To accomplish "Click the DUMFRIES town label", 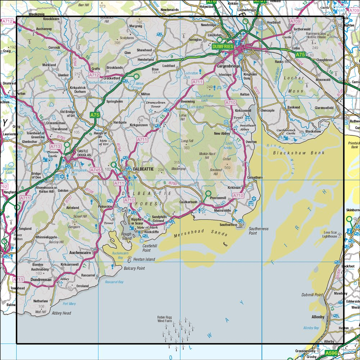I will tap(223, 46).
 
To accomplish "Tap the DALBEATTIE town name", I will tap(143, 168).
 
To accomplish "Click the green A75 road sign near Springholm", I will tap(94, 115).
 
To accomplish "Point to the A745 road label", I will tap(95, 170).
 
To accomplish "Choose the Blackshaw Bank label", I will tap(299, 153).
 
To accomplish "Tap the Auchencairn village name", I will tap(80, 253).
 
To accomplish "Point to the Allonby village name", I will tap(318, 317).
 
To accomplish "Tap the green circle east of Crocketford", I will tap(136, 76).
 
